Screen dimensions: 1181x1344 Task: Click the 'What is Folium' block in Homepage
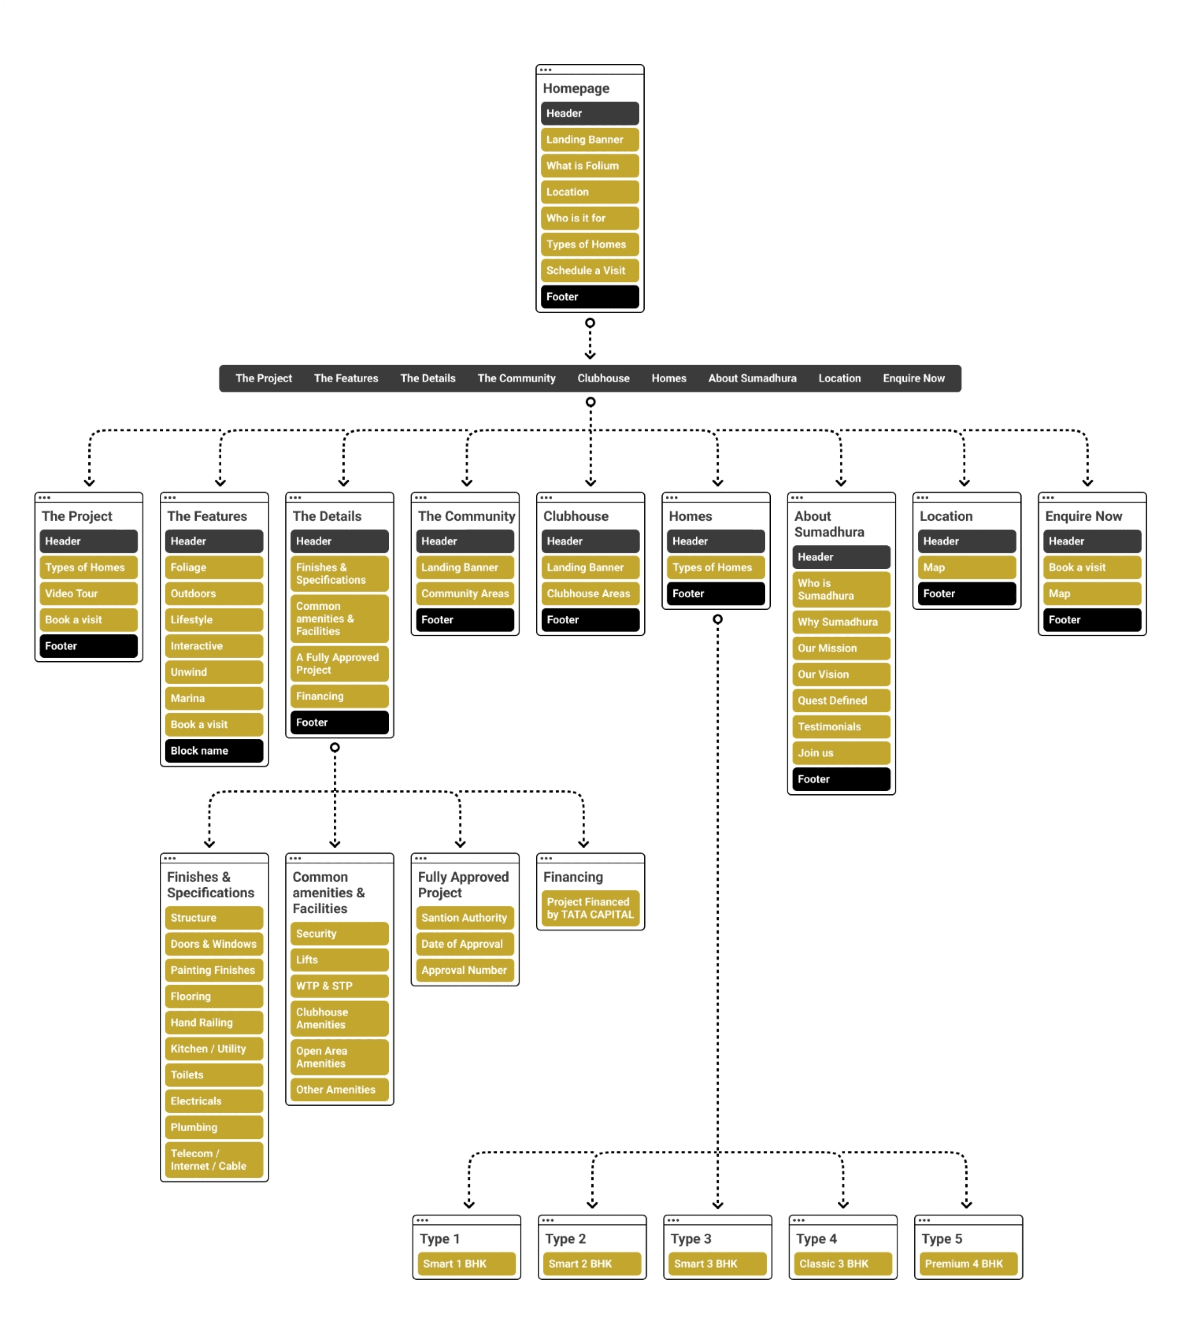pyautogui.click(x=590, y=166)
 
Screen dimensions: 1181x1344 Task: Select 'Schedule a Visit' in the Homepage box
pyautogui.click(x=590, y=270)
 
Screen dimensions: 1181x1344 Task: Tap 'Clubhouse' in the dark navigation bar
pyautogui.click(x=603, y=378)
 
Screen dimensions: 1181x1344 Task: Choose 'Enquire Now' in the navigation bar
pyautogui.click(x=913, y=378)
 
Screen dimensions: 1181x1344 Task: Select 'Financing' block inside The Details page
pyautogui.click(x=339, y=695)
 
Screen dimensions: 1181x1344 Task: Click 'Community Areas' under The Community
pyautogui.click(x=465, y=593)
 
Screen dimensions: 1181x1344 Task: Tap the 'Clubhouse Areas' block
pyautogui.click(x=590, y=593)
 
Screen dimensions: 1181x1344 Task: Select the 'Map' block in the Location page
pyautogui.click(x=966, y=567)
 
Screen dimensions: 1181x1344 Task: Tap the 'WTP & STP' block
pyautogui.click(x=339, y=986)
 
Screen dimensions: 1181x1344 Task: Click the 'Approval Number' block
pyautogui.click(x=465, y=970)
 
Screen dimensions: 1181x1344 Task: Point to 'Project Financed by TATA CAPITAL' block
pyautogui.click(x=590, y=908)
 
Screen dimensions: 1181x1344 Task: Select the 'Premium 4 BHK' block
pyautogui.click(x=967, y=1264)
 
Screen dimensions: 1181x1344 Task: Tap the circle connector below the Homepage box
pyautogui.click(x=590, y=323)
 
